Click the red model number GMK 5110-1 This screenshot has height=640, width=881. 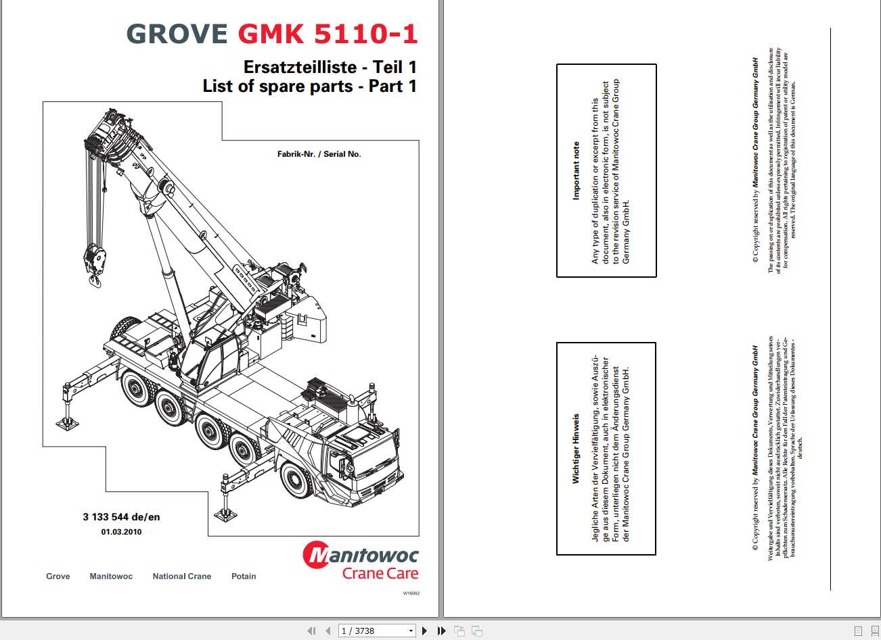[327, 34]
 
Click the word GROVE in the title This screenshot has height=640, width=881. [177, 34]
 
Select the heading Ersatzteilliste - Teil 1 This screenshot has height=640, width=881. [330, 67]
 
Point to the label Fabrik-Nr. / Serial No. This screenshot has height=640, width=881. [319, 154]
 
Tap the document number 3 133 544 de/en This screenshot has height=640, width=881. [122, 517]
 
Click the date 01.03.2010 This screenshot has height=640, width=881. [122, 532]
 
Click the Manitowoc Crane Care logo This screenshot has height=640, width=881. [360, 561]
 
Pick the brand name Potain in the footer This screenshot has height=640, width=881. [244, 576]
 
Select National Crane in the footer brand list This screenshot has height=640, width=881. [181, 576]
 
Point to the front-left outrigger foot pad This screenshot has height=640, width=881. [67, 424]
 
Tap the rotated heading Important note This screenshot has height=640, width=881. [576, 170]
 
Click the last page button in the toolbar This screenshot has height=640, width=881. [442, 631]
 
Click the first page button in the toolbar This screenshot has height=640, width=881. [311, 631]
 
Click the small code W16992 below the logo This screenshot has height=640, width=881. [411, 593]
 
